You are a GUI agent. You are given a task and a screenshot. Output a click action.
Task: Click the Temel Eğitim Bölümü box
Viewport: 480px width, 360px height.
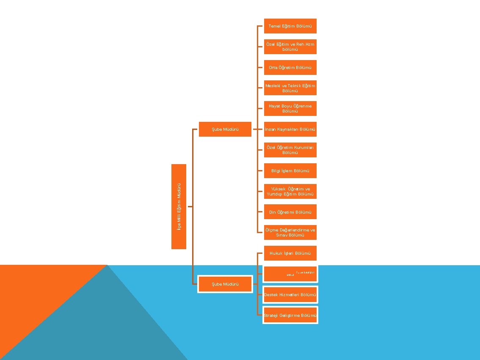point(290,26)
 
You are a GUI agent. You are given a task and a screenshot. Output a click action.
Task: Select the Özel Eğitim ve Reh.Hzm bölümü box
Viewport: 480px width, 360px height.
point(290,47)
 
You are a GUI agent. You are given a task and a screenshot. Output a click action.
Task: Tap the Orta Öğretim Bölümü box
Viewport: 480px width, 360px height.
point(290,67)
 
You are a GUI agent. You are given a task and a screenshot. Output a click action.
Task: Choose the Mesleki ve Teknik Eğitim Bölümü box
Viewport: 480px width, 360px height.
point(290,88)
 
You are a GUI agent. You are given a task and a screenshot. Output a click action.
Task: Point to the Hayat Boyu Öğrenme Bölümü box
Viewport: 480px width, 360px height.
point(290,108)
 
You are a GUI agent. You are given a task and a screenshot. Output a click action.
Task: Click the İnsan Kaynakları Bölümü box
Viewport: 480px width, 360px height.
point(290,129)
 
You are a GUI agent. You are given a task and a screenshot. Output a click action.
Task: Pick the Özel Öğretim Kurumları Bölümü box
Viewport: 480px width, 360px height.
point(290,150)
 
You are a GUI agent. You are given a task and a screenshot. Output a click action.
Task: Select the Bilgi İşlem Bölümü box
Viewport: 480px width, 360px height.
point(290,170)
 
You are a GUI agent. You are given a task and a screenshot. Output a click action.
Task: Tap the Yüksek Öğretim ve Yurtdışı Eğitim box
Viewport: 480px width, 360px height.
point(290,191)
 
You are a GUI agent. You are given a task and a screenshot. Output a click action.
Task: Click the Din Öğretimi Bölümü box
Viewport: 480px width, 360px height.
point(290,212)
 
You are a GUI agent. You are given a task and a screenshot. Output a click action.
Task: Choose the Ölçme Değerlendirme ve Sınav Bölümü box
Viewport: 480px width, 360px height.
point(290,232)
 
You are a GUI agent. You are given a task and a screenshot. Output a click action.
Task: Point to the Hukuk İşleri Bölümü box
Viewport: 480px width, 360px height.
point(290,253)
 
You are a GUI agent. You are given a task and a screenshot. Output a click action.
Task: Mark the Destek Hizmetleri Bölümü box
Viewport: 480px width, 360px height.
point(290,294)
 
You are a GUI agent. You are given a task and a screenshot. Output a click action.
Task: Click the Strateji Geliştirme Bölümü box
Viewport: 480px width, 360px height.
point(290,315)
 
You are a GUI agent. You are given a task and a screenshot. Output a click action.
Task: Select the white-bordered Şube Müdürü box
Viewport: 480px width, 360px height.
point(225,284)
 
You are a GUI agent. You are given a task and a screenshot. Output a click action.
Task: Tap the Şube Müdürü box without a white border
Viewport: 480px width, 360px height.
point(225,129)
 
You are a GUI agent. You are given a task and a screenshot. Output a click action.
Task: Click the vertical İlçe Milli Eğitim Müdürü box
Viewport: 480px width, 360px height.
point(179,206)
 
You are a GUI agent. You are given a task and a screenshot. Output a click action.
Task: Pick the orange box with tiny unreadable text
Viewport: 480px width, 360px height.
point(290,274)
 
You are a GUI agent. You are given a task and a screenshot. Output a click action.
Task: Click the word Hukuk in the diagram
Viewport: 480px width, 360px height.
point(276,253)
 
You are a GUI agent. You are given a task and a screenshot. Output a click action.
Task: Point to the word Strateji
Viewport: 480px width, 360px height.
point(271,315)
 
